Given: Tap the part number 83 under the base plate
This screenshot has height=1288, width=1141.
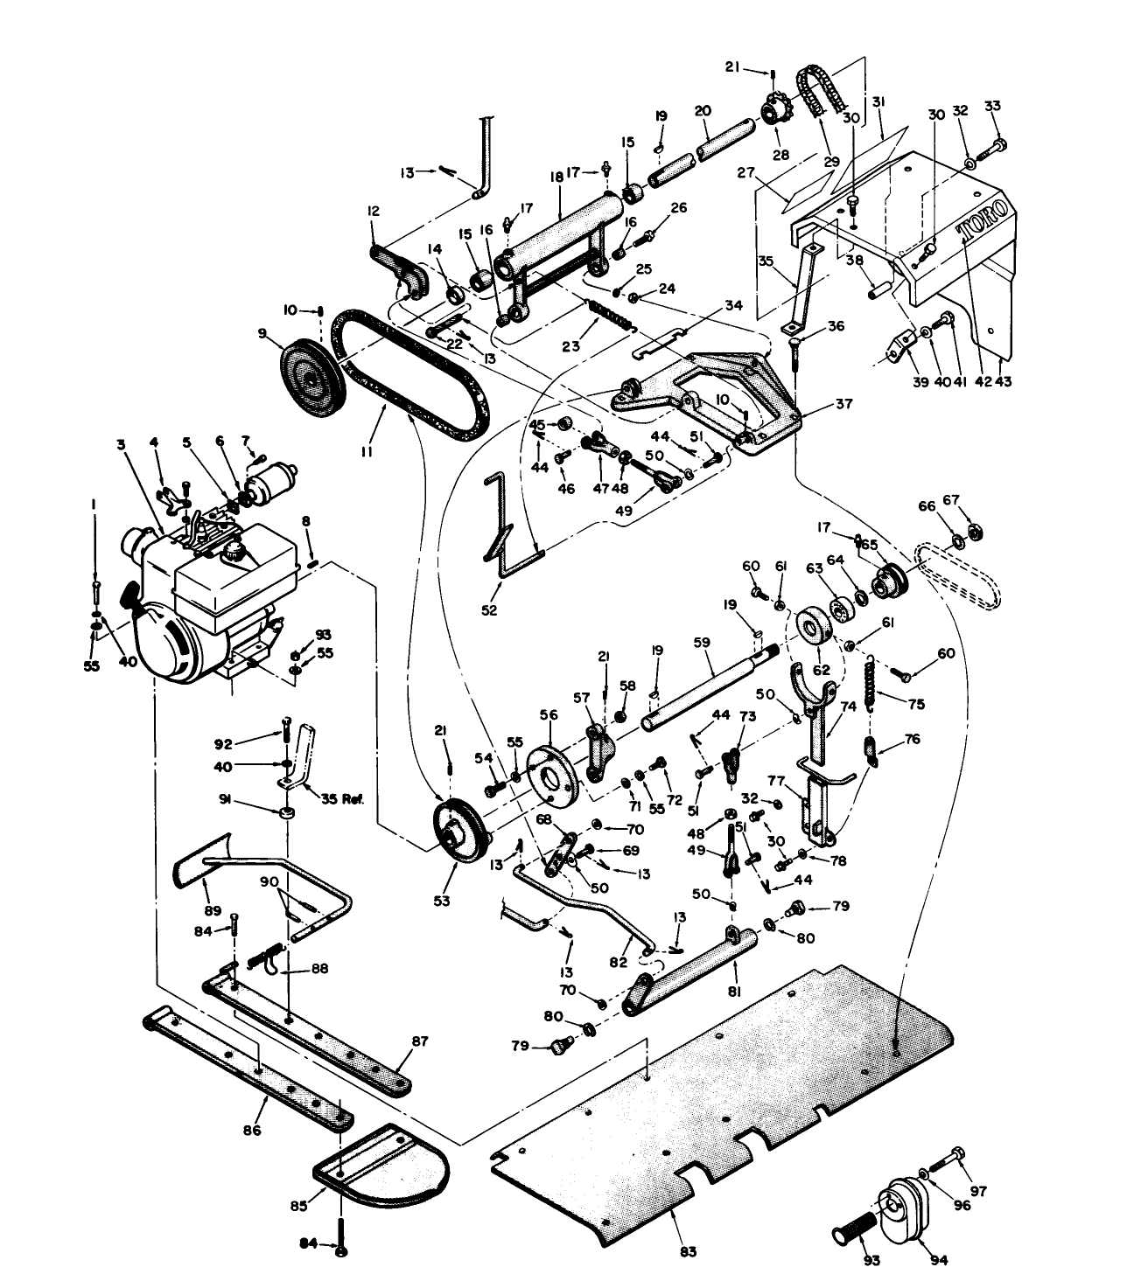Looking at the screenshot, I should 688,1252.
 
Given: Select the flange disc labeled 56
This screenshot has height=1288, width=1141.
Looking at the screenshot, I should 551,772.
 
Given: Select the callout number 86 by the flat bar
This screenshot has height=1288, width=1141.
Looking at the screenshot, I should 252,1131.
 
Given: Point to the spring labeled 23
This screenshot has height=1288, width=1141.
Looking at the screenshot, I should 609,312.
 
